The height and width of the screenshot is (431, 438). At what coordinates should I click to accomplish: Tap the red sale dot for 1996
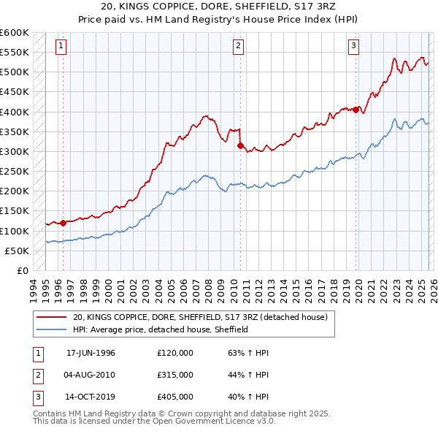click(63, 223)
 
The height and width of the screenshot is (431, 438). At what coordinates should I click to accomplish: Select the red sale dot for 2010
click(239, 145)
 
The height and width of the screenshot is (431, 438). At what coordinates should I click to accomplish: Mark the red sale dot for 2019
click(356, 110)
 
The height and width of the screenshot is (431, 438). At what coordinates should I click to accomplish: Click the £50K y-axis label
click(16, 251)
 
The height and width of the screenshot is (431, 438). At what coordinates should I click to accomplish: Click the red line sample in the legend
click(51, 317)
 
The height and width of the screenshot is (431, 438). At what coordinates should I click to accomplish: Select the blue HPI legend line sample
click(51, 329)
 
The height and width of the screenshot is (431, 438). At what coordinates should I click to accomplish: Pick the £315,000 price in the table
click(175, 375)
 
